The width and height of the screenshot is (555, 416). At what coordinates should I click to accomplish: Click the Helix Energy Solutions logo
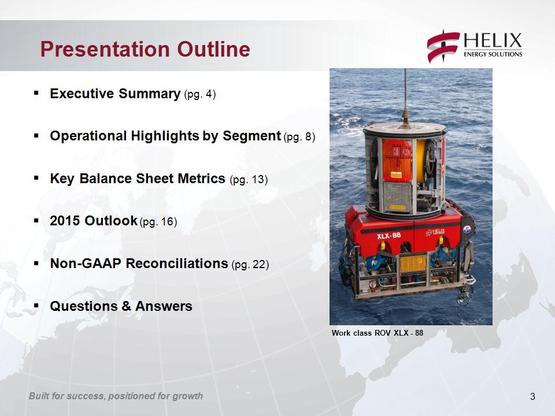pos(474,46)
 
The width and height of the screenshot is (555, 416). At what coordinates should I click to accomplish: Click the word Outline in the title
pos(213,49)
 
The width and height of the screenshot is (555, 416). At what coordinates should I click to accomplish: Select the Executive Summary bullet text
pos(115,94)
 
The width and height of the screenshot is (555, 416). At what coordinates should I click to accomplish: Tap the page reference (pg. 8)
pos(299,136)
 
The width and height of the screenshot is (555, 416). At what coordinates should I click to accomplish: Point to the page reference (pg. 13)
pos(249,179)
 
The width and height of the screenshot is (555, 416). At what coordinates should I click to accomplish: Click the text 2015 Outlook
pos(94,221)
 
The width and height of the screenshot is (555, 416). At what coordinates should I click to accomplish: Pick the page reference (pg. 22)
pos(250,264)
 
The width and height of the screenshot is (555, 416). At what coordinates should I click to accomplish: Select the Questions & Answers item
pos(121,306)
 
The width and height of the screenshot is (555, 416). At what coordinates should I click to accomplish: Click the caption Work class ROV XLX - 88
pos(378,333)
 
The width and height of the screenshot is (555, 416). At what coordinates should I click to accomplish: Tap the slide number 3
pos(532,396)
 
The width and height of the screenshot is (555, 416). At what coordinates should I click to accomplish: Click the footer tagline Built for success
pos(116,396)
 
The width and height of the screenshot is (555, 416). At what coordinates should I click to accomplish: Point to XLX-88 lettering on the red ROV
pos(389,235)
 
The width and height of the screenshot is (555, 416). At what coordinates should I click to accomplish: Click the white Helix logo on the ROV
pos(435,232)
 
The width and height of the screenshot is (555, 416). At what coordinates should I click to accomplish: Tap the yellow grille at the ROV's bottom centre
pos(413,263)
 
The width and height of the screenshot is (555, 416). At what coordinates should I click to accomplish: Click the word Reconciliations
pos(177,263)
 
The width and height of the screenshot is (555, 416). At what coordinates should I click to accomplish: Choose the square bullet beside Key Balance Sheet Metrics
pos(36,179)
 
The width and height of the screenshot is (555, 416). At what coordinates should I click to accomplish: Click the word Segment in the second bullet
pos(251,136)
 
